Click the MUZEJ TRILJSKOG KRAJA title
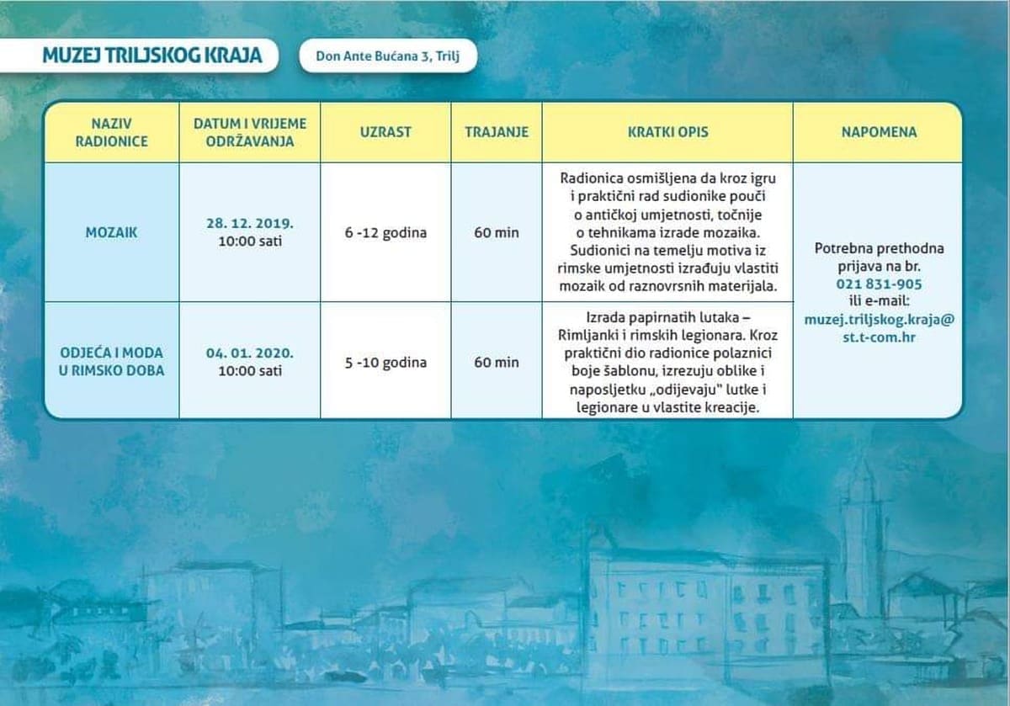tap(151, 56)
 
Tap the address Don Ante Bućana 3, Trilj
tap(388, 56)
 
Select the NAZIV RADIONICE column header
tap(111, 132)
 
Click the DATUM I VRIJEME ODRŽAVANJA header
tap(250, 132)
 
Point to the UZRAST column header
tap(385, 132)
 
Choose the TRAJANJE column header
tap(497, 132)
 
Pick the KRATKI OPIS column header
tap(667, 132)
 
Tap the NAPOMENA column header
tap(878, 132)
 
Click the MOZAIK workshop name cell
tap(111, 232)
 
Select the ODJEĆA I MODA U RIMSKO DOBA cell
tap(111, 361)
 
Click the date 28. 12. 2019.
tap(249, 224)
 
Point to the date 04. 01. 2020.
tap(249, 353)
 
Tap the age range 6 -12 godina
tap(385, 233)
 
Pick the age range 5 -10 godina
tap(385, 363)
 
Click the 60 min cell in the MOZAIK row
tap(497, 233)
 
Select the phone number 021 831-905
tap(879, 284)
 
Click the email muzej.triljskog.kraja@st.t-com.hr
tap(879, 328)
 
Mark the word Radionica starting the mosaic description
tap(591, 178)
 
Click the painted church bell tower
tap(859, 539)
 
